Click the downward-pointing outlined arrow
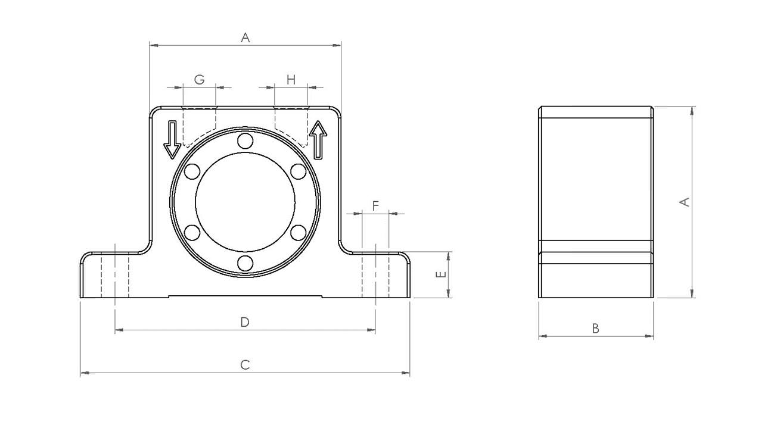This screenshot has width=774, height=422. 172,139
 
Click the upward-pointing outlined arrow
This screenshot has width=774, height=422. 318,140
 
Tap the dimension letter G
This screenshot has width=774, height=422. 200,80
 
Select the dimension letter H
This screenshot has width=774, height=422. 291,80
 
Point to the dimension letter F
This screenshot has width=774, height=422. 375,206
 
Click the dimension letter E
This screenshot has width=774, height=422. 440,274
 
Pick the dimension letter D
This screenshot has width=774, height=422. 245,322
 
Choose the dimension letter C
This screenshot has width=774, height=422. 245,365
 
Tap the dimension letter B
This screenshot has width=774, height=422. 595,329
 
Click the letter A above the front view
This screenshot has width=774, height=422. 245,37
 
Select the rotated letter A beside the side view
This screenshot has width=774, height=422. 684,202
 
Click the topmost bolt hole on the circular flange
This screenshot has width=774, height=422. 245,141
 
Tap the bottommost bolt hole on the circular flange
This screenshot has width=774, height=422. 245,263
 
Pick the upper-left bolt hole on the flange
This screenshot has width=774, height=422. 192,171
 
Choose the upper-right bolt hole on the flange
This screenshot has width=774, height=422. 298,171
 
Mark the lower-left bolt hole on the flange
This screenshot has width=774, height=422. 192,233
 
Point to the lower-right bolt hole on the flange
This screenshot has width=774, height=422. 298,233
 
